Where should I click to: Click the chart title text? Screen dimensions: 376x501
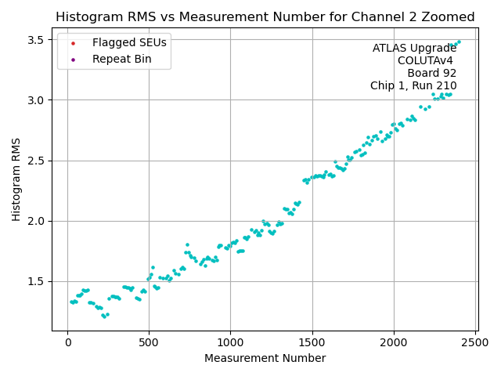265,17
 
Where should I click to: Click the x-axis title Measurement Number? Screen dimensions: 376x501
265,358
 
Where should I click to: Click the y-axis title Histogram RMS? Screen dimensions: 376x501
16,179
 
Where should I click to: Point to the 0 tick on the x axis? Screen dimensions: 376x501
67,342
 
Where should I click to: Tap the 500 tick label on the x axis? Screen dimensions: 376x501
149,342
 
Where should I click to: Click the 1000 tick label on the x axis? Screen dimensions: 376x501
230,342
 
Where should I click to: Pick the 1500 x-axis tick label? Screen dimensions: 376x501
312,342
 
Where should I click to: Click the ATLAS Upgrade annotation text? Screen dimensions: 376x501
414,49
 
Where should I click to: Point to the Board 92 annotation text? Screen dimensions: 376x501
431,74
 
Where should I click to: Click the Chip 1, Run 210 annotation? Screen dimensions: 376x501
413,86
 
